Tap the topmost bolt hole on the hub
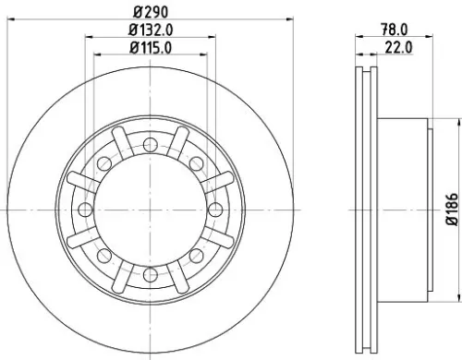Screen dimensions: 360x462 (149, 142)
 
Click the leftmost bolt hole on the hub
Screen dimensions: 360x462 (83, 208)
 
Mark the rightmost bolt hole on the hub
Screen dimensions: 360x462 (213, 208)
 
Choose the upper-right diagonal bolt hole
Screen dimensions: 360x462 (195, 162)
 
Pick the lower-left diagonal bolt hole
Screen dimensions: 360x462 (103, 254)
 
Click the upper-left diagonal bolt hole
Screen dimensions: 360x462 (103, 162)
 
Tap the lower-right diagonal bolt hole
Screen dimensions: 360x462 (195, 254)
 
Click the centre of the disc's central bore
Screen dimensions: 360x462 (149, 208)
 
